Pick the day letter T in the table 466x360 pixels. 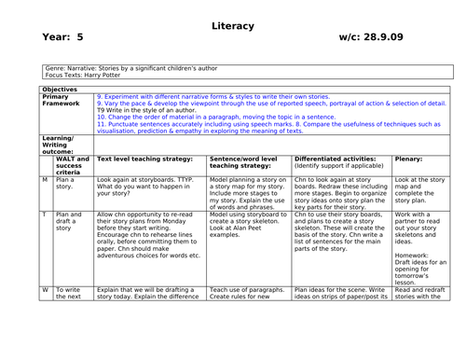45,214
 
